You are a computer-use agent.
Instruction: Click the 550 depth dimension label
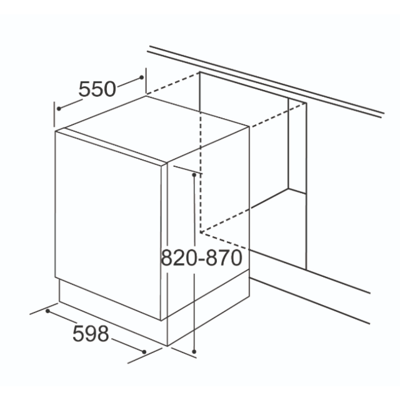[x=97, y=89]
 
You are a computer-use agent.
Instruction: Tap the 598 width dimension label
[x=91, y=334]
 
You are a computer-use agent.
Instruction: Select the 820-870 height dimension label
[x=201, y=257]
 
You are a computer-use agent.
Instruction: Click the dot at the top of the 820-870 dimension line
[x=194, y=175]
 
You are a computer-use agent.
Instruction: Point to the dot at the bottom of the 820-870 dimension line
[x=194, y=352]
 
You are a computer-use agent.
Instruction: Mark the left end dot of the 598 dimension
[x=47, y=311]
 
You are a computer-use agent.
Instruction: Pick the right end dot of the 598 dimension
[x=144, y=352]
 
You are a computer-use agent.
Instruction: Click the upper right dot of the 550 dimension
[x=142, y=77]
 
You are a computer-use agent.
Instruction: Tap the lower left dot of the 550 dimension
[x=59, y=109]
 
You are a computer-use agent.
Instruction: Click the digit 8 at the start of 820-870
[x=167, y=257]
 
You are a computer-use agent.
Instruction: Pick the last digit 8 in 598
[x=102, y=334]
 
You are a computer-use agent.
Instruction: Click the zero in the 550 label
[x=110, y=89]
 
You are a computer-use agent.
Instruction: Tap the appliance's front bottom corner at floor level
[x=167, y=346]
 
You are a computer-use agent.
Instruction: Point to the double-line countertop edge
[x=265, y=82]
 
